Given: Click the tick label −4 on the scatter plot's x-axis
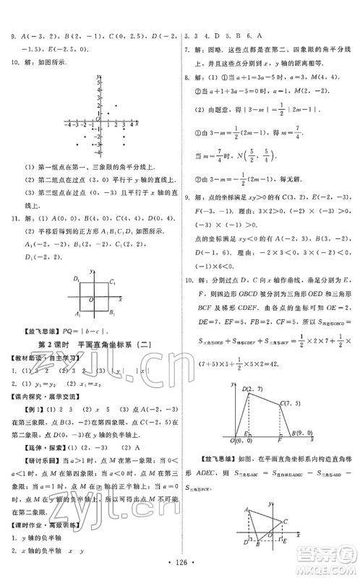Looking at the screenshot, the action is (x=68, y=124).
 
